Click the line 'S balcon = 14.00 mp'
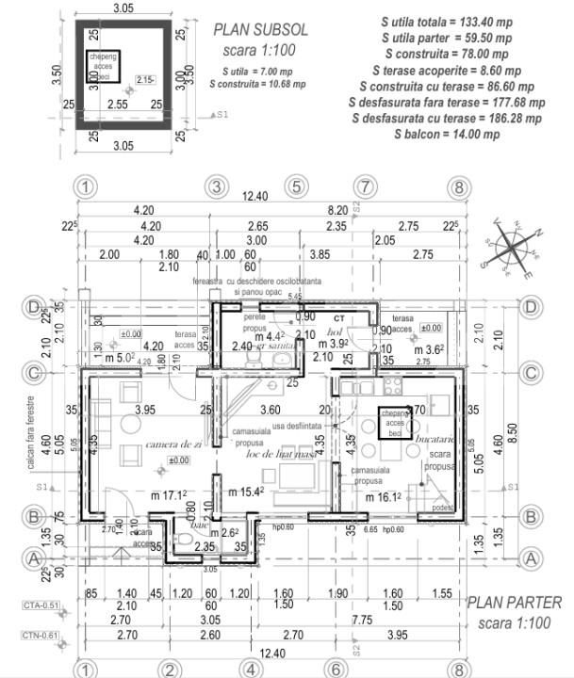(x=447, y=135)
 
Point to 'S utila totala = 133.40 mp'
(x=447, y=21)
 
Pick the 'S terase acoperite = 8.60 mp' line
(x=447, y=70)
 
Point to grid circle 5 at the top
(x=295, y=186)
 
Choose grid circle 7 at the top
(x=365, y=186)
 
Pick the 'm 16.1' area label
(x=385, y=496)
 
